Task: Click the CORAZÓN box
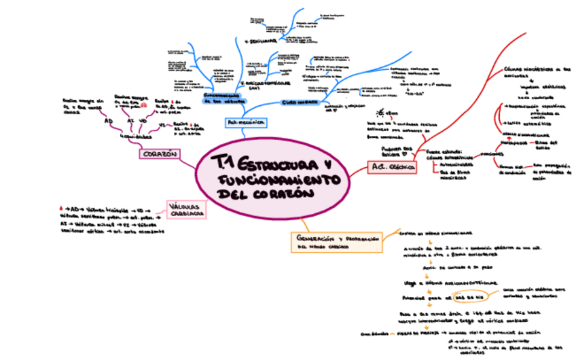[160, 154]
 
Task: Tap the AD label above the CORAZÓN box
[108, 121]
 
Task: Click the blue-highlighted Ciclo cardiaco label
[298, 102]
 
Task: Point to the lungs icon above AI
[145, 106]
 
